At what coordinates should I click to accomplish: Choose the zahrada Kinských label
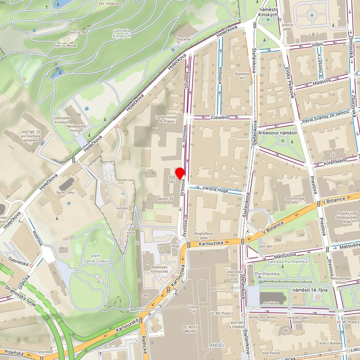pyautogui.click(x=121, y=32)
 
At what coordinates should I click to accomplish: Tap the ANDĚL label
pyautogui.click(x=217, y=345)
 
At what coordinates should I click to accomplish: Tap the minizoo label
pyautogui.click(x=122, y=208)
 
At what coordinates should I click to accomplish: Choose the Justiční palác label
pyautogui.click(x=287, y=26)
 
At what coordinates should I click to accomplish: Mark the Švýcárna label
pyautogui.click(x=183, y=38)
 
